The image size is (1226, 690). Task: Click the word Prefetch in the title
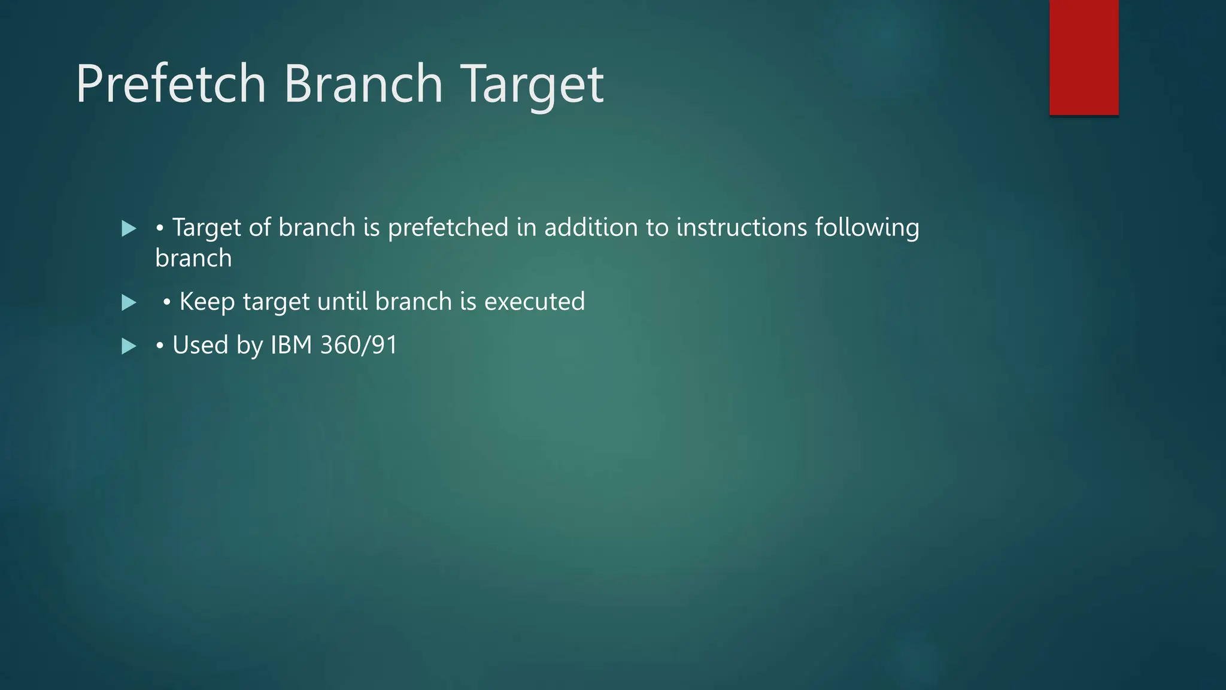coord(171,84)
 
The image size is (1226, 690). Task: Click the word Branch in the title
coord(363,84)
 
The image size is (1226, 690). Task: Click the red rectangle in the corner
coord(1084,57)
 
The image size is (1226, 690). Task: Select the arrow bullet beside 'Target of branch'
coord(129,228)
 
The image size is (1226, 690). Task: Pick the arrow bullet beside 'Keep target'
coord(129,302)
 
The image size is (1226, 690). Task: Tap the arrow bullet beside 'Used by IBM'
coord(129,346)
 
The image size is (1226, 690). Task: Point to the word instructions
coord(742,228)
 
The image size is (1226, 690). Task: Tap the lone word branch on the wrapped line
coord(193,258)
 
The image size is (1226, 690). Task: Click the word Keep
coord(207,302)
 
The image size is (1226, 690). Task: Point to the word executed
coord(534,301)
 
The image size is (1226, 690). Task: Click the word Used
coord(201,345)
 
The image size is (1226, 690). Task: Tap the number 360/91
coord(359,345)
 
